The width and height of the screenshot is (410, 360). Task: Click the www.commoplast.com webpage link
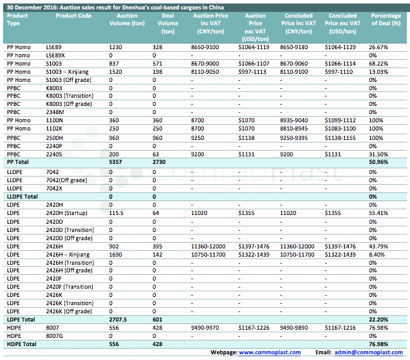(270, 352)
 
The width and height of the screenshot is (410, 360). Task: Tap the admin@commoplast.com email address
(368, 352)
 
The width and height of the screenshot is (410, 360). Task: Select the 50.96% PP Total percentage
(378, 162)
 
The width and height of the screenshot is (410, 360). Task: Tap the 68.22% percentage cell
(378, 64)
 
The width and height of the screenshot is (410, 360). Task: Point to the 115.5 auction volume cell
(119, 213)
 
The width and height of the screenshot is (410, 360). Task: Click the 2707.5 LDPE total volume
(119, 319)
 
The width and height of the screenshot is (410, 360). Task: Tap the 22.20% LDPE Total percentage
(378, 319)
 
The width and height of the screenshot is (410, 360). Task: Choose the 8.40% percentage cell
(378, 253)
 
